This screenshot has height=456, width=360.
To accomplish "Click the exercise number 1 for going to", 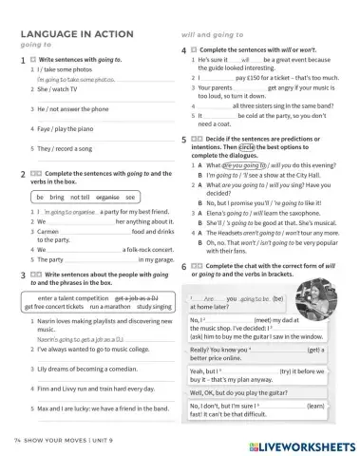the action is pos(22,60).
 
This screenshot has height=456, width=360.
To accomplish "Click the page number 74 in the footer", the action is pos(18,442).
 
